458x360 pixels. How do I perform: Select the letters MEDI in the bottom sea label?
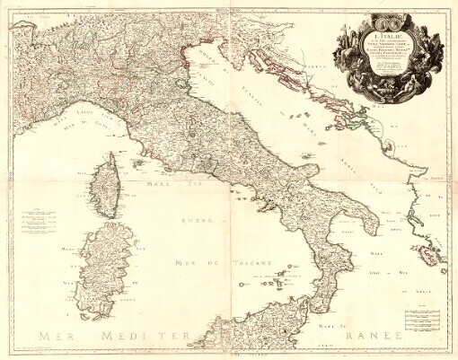pos(136,337)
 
